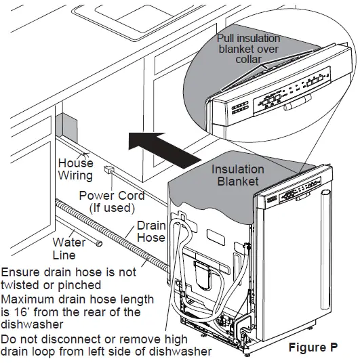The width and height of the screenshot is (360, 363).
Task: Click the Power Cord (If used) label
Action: pyautogui.click(x=113, y=202)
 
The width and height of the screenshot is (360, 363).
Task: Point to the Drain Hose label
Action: pyautogui.click(x=151, y=231)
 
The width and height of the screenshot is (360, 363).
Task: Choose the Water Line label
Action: pyautogui.click(x=69, y=249)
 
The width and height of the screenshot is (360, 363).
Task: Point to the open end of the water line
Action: pyautogui.click(x=99, y=243)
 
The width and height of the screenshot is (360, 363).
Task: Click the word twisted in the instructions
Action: pyautogui.click(x=20, y=285)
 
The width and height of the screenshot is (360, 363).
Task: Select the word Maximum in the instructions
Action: pyautogui.click(x=28, y=299)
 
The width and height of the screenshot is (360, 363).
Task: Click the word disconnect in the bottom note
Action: pyautogui.click(x=75, y=338)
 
